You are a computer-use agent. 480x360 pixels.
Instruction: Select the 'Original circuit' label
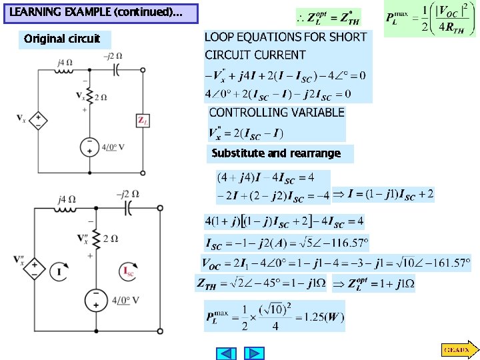click(62, 39)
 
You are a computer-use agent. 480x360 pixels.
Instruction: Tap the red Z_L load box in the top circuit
click(142, 120)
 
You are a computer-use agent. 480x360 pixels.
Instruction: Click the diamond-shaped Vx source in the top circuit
click(39, 120)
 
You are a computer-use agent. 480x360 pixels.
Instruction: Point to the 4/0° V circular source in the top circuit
click(89, 147)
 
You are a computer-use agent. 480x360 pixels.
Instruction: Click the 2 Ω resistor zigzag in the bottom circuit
click(97, 238)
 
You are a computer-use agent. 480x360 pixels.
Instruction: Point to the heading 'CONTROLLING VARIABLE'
click(277, 113)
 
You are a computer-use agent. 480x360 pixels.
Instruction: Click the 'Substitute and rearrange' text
click(276, 153)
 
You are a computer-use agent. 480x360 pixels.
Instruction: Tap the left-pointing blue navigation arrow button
click(227, 353)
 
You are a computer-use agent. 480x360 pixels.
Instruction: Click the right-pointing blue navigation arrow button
click(254, 353)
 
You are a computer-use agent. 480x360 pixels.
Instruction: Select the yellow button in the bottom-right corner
click(458, 349)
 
